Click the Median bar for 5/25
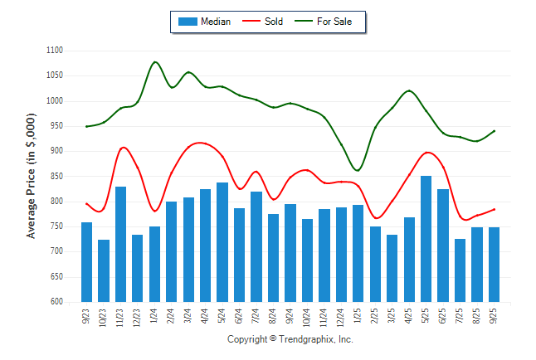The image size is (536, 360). (426, 239)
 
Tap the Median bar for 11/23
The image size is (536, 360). (121, 244)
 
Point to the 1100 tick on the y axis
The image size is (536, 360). (55, 51)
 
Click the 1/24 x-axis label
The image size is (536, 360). (155, 315)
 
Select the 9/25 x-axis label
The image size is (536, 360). (495, 315)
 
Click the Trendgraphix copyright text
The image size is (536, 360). (290, 339)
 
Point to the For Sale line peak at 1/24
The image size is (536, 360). (155, 62)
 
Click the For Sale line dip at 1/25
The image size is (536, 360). (358, 171)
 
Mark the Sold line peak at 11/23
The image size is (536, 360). (123, 148)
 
